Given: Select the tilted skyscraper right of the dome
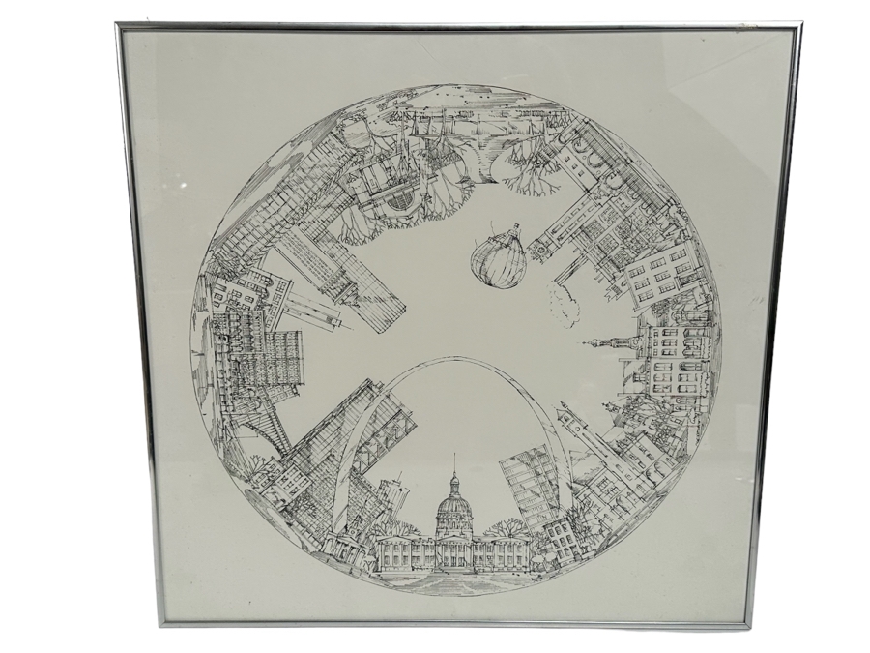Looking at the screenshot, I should click(x=529, y=489).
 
